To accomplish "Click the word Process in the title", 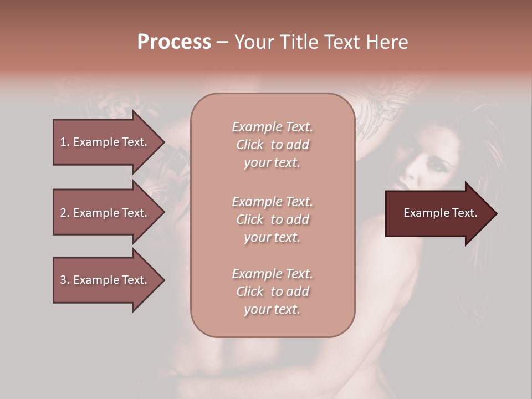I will coord(174,42).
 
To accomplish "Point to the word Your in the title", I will coord(254,42).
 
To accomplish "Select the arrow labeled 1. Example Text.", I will coord(105,142).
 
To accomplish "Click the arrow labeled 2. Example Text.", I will coord(105,213).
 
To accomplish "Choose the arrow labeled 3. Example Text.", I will coord(105,280).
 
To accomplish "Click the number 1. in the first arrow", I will coord(65,142).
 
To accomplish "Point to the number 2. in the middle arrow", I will coord(65,213).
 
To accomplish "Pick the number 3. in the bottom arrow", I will coord(65,280).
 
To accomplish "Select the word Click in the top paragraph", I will coord(250,145).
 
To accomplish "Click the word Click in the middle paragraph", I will coord(250,219).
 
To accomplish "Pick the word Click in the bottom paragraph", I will coord(250,291).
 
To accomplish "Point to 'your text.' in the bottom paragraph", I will coord(272,309).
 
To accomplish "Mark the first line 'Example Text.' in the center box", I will coord(272,127).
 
